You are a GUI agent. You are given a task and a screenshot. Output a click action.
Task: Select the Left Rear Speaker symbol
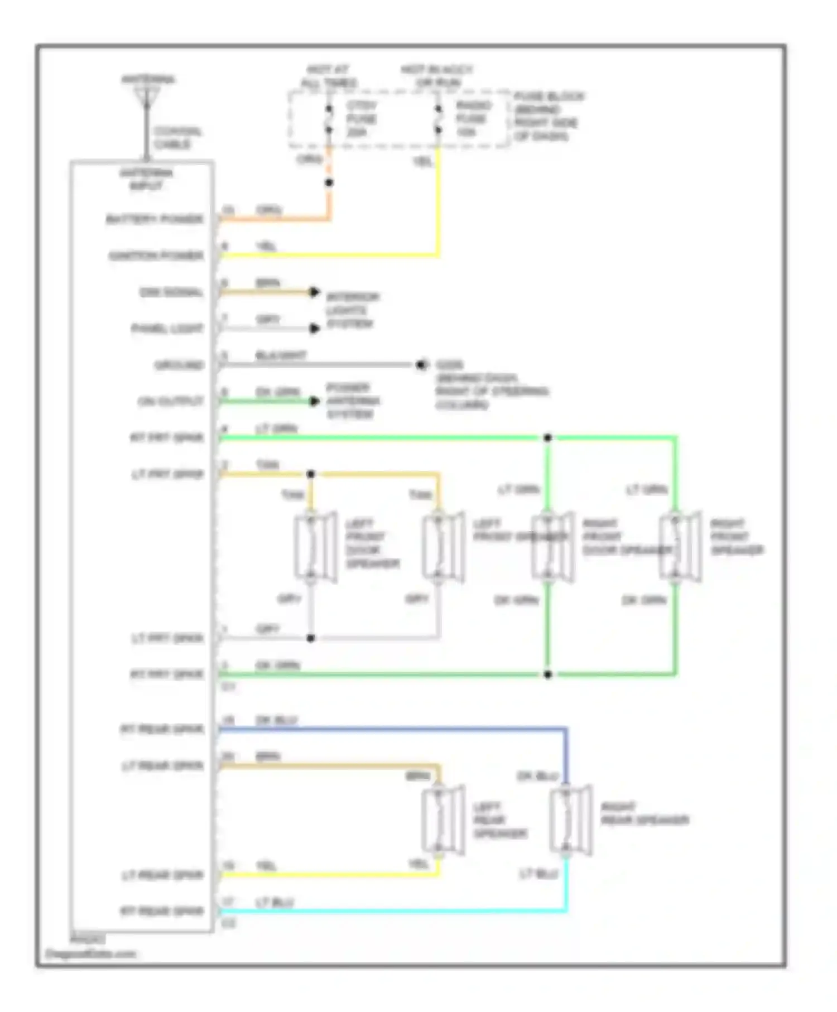pyautogui.click(x=442, y=820)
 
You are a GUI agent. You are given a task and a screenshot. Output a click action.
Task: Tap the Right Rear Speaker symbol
pyautogui.click(x=570, y=820)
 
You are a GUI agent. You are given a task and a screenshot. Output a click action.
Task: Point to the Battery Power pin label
pyautogui.click(x=155, y=219)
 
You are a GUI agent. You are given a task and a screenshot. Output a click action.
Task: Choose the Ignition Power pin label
pyautogui.click(x=156, y=256)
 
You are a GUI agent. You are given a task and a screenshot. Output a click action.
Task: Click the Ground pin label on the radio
pyautogui.click(x=179, y=365)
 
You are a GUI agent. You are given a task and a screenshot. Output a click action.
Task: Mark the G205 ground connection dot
pyautogui.click(x=421, y=365)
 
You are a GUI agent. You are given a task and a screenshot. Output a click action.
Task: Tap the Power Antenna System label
pyautogui.click(x=353, y=401)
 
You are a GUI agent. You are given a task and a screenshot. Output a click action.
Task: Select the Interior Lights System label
pyautogui.click(x=353, y=310)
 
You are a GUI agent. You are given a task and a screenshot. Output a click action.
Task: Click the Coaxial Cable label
pyautogui.click(x=177, y=138)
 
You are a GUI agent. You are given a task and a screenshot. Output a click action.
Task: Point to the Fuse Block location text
pyautogui.click(x=548, y=116)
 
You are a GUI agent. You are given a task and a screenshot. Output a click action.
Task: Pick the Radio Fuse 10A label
pyautogui.click(x=473, y=118)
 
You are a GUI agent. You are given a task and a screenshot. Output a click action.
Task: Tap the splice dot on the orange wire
pyautogui.click(x=329, y=182)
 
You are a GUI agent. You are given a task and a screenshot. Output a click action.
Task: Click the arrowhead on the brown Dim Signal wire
pyautogui.click(x=315, y=292)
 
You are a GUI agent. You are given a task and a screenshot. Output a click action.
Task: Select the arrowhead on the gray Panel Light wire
pyautogui.click(x=315, y=329)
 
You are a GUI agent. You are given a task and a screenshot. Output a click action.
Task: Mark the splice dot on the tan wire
pyautogui.click(x=311, y=474)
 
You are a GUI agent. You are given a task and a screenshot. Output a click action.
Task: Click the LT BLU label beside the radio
pyautogui.click(x=275, y=902)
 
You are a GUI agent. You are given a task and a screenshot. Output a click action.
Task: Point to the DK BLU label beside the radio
pyautogui.click(x=276, y=720)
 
